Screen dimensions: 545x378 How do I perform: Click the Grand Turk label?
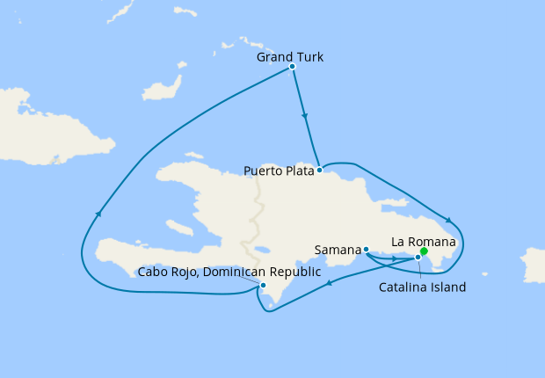(x=290, y=57)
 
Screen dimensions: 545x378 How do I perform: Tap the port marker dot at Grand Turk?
(x=292, y=67)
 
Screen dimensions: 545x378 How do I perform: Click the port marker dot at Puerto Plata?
(x=319, y=170)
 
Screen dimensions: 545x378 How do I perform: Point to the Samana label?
(x=338, y=251)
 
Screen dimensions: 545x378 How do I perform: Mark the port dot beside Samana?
(x=366, y=250)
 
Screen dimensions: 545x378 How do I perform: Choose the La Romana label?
(x=424, y=241)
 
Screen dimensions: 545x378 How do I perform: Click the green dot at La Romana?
(x=424, y=251)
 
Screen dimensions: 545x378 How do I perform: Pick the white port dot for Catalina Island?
(x=418, y=258)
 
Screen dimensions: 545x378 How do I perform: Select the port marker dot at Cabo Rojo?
(x=263, y=285)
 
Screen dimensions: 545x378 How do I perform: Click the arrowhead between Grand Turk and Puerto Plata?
(x=304, y=115)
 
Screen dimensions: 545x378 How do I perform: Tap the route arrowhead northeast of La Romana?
(x=449, y=221)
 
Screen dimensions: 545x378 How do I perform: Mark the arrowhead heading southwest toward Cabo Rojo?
(x=329, y=282)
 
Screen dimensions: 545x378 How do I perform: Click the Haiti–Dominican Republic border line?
(x=256, y=211)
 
